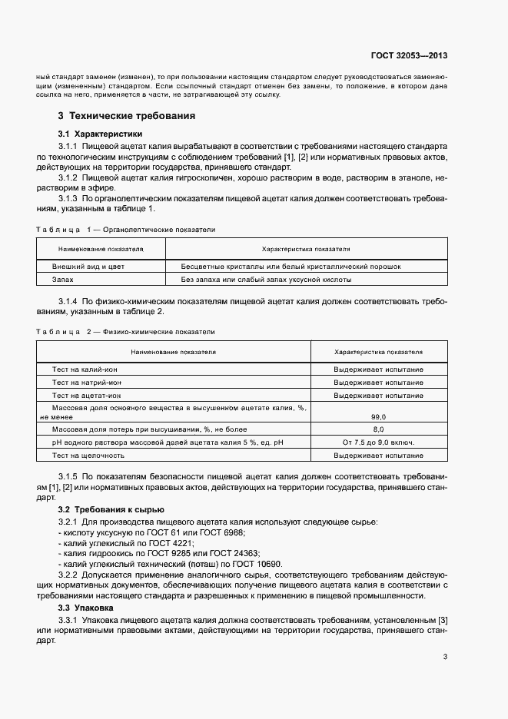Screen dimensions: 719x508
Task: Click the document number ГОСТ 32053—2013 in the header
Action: [410, 55]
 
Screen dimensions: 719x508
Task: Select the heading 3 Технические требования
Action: [126, 116]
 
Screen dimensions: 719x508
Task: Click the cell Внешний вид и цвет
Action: [88, 267]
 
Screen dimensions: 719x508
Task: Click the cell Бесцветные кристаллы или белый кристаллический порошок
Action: [291, 267]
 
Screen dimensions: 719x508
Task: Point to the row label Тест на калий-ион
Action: [85, 369]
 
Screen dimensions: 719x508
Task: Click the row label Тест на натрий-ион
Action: [87, 382]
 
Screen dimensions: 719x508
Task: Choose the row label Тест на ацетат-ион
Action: [87, 395]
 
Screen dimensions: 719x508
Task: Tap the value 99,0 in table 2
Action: [378, 416]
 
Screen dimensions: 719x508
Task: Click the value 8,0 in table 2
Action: [378, 429]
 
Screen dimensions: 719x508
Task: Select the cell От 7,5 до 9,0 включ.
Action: [378, 442]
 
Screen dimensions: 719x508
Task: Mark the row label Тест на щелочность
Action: [89, 456]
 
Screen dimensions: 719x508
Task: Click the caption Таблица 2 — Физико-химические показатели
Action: [125, 331]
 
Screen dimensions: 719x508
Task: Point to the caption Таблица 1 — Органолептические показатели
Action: [125, 229]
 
